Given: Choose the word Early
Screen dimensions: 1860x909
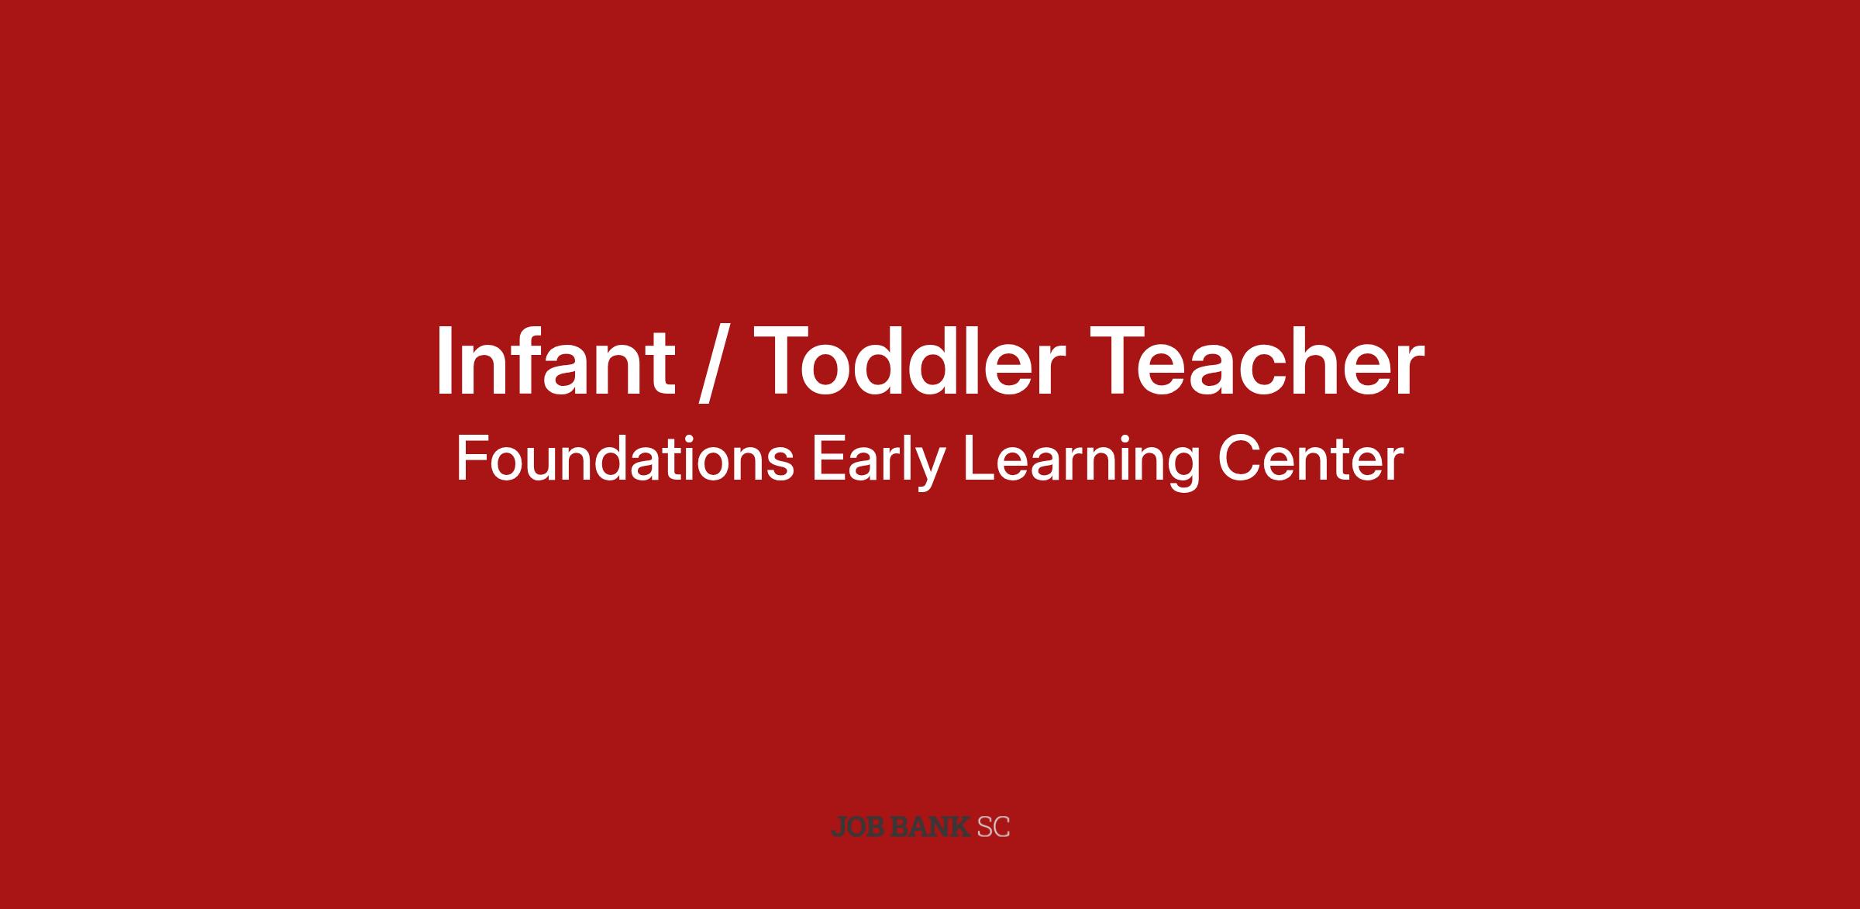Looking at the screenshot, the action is pos(878,463).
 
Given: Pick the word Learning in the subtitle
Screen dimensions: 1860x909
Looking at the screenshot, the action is pos(1081,463).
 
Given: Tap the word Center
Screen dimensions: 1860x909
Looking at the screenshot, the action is pos(1311,460).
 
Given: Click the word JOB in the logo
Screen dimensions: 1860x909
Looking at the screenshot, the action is pos(858,828).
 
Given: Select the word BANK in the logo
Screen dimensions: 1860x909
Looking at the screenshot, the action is pos(930,828).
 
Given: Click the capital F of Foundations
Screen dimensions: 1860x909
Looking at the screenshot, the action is pos(471,459).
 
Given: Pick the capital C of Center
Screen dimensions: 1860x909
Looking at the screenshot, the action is pos(1238,459).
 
